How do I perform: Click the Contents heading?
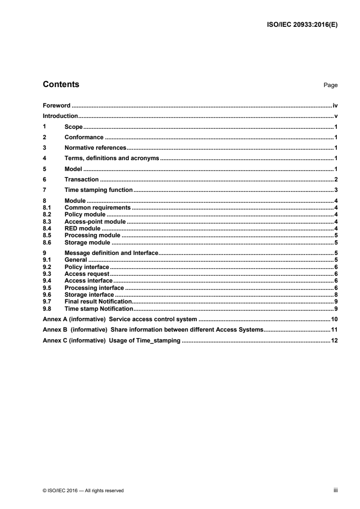pos(60,84)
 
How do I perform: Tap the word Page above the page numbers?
pos(330,85)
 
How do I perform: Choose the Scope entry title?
pos(73,127)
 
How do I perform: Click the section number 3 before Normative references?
pos(44,147)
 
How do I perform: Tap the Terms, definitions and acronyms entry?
pos(112,158)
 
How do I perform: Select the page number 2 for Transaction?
pos(336,179)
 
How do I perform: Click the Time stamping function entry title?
pos(98,190)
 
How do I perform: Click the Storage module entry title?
pos(87,242)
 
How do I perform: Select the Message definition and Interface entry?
pos(110,253)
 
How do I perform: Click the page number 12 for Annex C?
pos(335,340)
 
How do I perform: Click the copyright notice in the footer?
pos(83,490)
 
